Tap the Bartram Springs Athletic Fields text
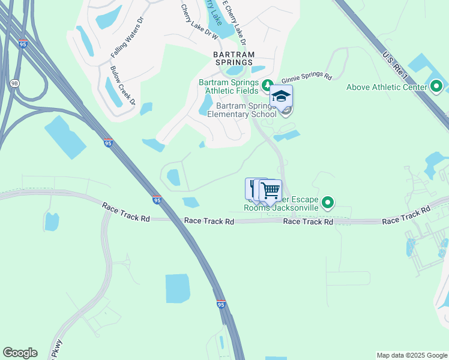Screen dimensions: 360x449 pos(229,86)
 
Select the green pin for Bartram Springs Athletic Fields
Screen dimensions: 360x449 pos(268,83)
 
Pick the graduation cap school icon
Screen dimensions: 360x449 pos(281,96)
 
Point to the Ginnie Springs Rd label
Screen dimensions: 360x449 pos(307,77)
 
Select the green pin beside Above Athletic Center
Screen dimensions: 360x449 pos(437,88)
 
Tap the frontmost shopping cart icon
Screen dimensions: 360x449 pos(271,191)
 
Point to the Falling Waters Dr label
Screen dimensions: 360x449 pos(128,37)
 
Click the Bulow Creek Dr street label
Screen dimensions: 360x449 pos(122,85)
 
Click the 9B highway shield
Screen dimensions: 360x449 pos(14,82)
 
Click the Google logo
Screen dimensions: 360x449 pos(20,353)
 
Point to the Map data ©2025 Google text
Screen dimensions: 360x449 pos(411,355)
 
